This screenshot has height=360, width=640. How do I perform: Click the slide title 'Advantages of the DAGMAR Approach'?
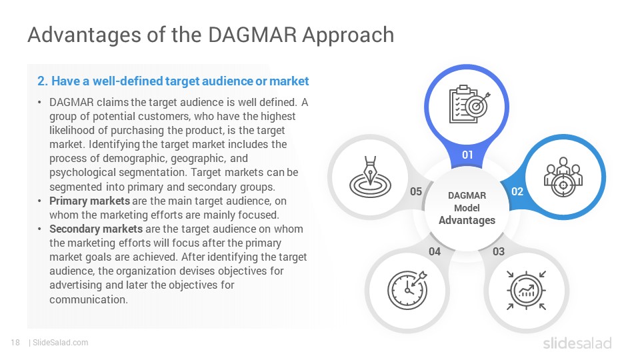point(211,35)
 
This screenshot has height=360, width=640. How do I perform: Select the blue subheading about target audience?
point(173,81)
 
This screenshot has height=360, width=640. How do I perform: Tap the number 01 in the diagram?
point(467,155)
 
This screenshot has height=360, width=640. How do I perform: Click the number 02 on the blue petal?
point(517,191)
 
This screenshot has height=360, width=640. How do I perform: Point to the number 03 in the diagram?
point(499,251)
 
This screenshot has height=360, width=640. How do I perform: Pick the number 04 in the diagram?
point(435,251)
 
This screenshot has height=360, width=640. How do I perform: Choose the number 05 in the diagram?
point(416,191)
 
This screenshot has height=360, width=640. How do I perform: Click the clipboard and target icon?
point(469,104)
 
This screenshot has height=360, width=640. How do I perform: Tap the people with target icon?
point(563,177)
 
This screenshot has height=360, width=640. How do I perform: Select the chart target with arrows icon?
point(526,291)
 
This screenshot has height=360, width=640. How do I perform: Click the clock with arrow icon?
point(407,290)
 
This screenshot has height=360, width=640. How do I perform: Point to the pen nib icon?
point(370,177)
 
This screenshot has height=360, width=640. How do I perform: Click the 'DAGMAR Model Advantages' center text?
point(467,208)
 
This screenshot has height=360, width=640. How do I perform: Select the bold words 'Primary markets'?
point(89,201)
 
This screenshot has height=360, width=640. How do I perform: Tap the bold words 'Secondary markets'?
point(96,229)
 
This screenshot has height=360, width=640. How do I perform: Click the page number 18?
point(15,343)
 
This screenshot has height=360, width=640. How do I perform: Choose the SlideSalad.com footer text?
point(60,343)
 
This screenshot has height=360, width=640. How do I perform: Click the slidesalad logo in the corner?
point(577,343)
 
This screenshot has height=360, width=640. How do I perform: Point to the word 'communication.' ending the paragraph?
point(89,299)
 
